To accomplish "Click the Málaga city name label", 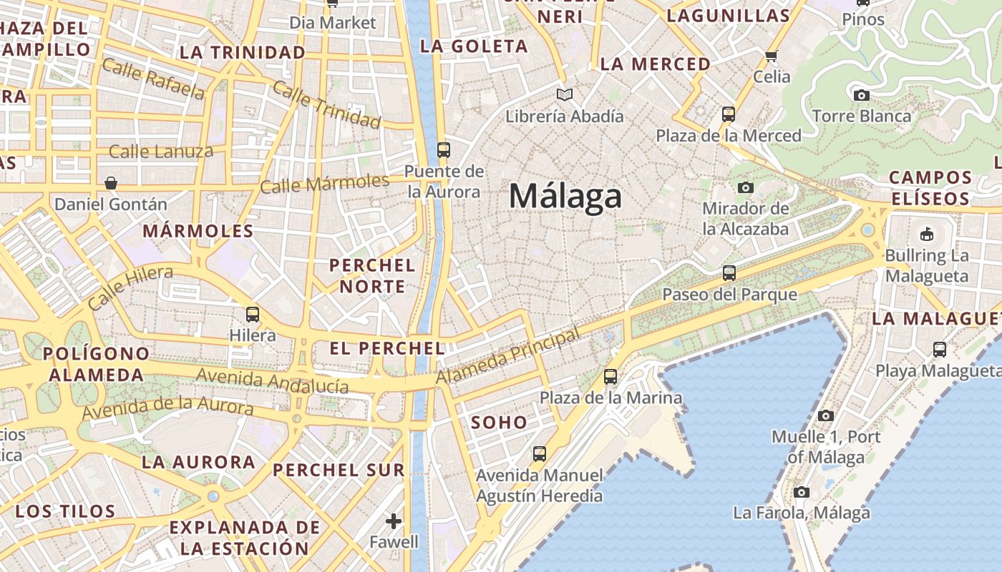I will (565, 196).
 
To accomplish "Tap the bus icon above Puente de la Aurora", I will (444, 150).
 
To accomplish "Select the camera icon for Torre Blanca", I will (862, 95).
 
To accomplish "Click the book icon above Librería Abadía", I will (565, 94).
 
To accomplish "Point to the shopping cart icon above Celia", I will (771, 56).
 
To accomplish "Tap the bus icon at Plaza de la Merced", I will (729, 114).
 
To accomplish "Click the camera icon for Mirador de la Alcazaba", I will (746, 187).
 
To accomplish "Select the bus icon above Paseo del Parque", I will (729, 273).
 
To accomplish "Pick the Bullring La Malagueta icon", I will (926, 234).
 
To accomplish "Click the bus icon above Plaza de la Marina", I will (611, 376).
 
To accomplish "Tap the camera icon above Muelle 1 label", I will (825, 415).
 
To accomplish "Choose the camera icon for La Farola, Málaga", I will (802, 492).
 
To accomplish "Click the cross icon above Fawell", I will (393, 521).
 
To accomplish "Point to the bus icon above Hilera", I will (252, 314).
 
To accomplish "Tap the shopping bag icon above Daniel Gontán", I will (111, 183).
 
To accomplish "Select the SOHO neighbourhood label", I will (499, 423).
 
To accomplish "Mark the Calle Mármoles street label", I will (324, 184).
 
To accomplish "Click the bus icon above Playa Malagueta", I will (940, 350).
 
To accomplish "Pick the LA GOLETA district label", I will (474, 46).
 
